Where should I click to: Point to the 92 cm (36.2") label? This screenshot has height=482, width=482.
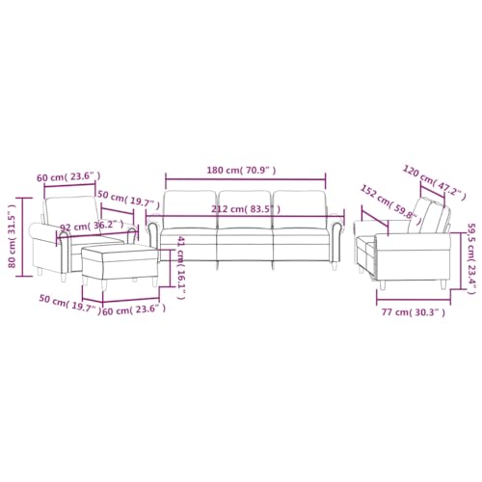click(93, 228)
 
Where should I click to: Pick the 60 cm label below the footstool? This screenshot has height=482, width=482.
click(133, 309)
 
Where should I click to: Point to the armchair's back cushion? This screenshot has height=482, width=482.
click(69, 212)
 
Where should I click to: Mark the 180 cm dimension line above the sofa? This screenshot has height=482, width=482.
click(246, 178)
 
